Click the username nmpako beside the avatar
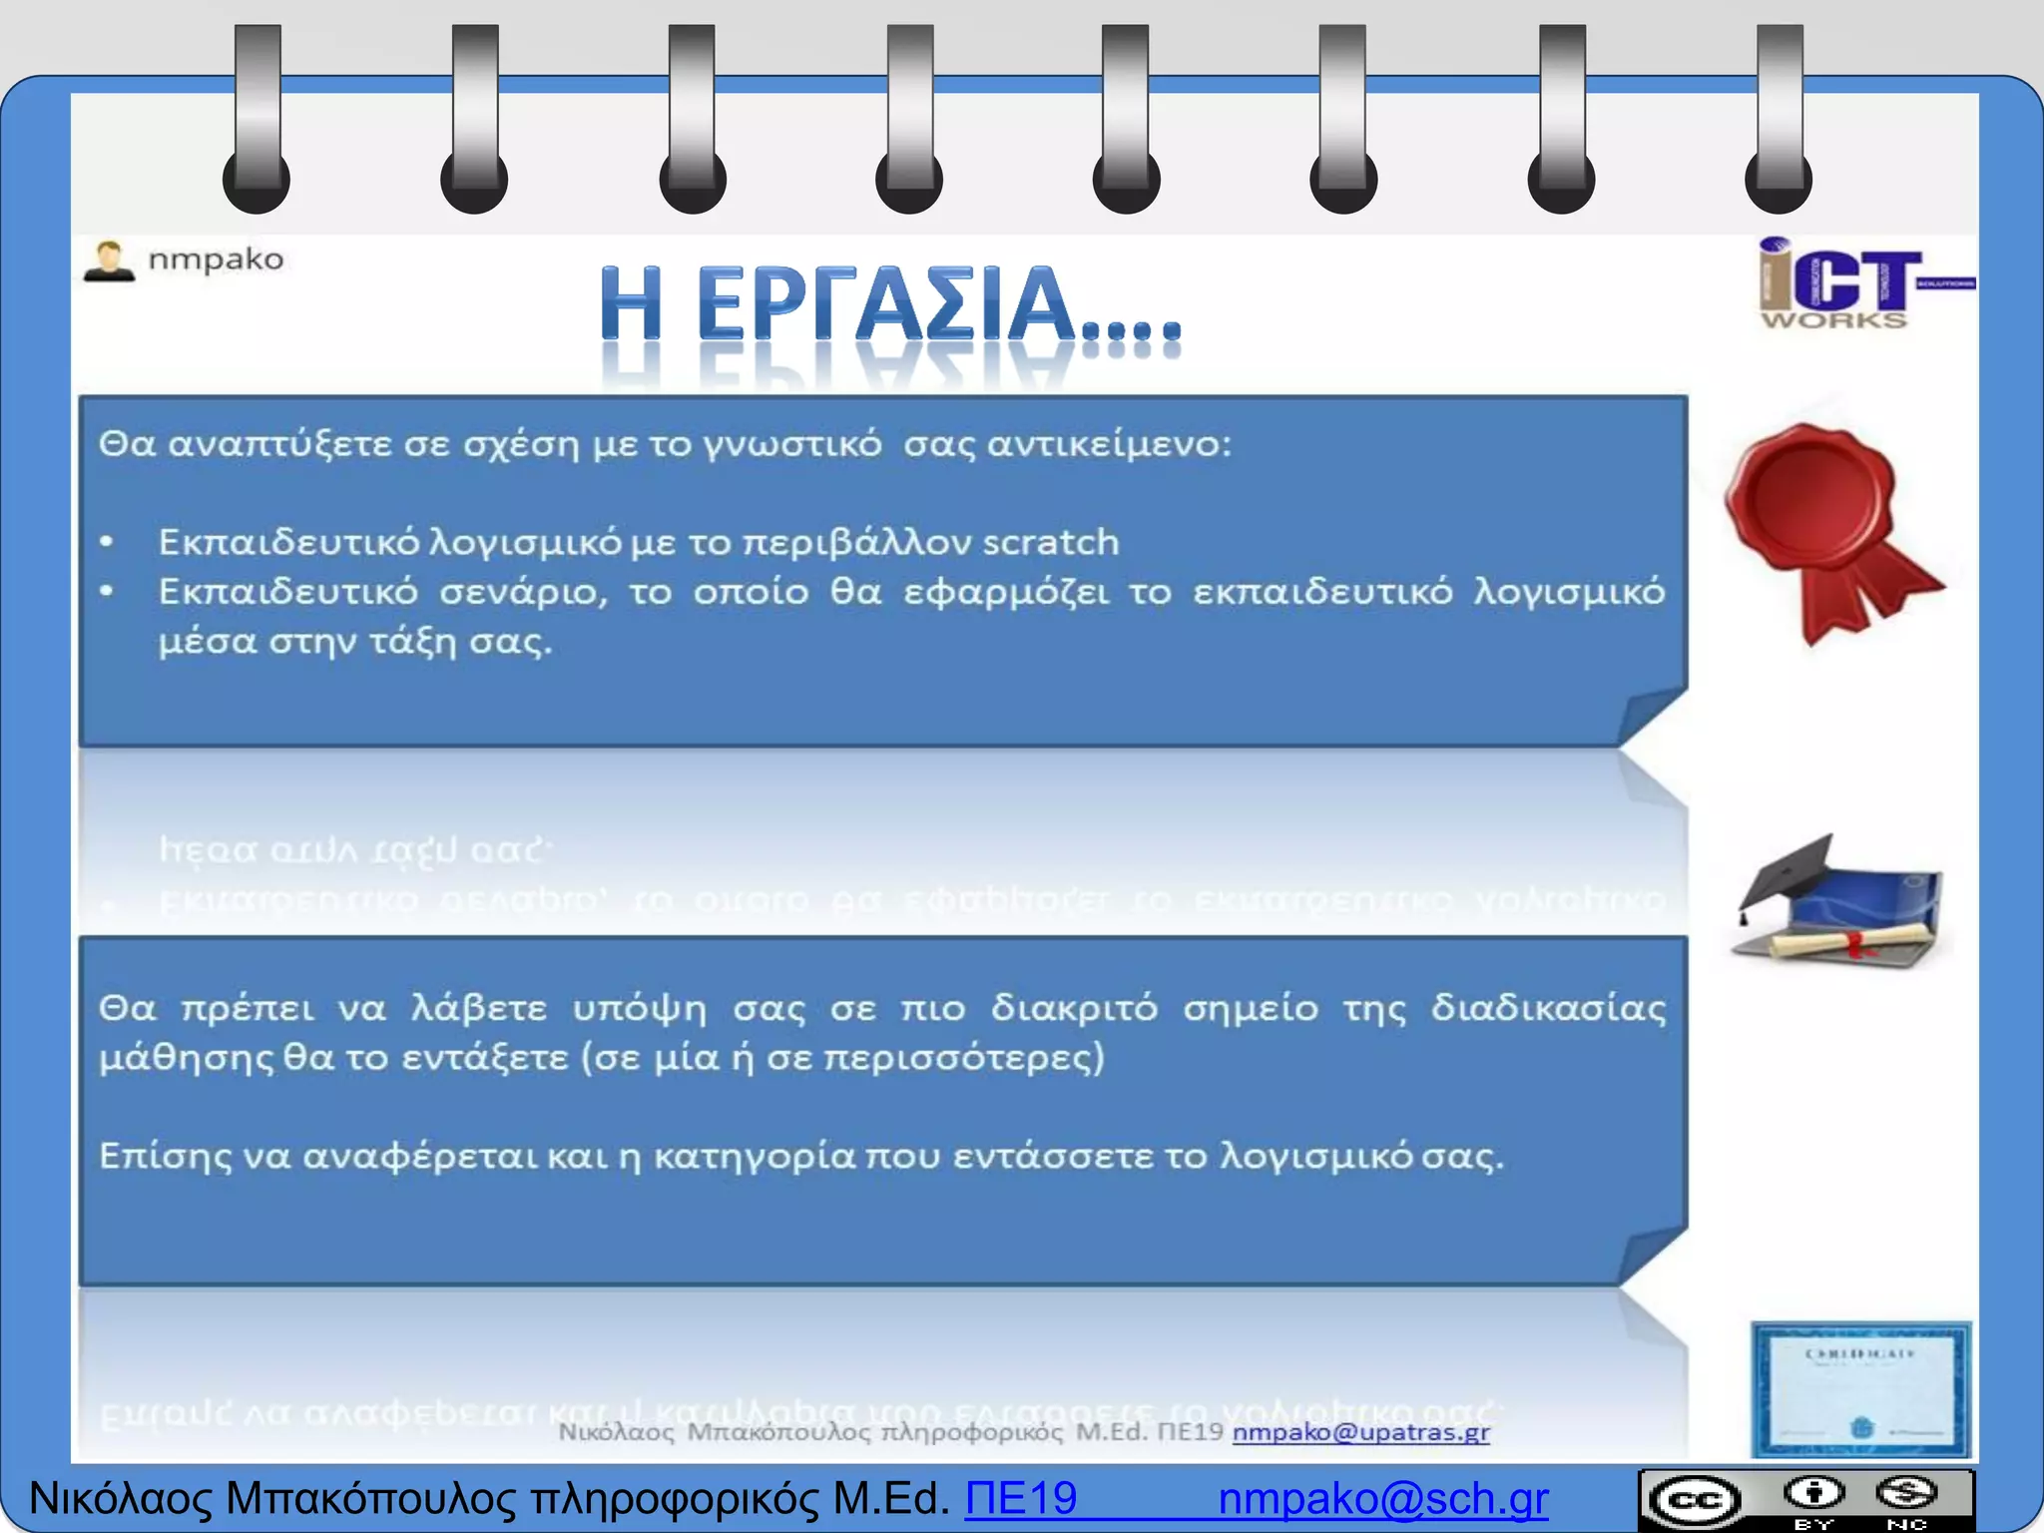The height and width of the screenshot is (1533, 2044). click(x=216, y=259)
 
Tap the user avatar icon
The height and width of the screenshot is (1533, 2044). click(x=109, y=261)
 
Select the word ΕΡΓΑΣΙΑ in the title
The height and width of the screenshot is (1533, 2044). click(x=884, y=304)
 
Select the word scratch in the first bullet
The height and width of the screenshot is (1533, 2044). click(x=1050, y=542)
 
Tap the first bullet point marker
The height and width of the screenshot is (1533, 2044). click(x=107, y=542)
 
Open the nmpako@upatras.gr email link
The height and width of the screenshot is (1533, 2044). click(x=1360, y=1432)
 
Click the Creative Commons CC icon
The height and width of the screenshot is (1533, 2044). click(x=1694, y=1500)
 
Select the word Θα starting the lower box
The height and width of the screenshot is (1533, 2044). click(x=127, y=1008)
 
